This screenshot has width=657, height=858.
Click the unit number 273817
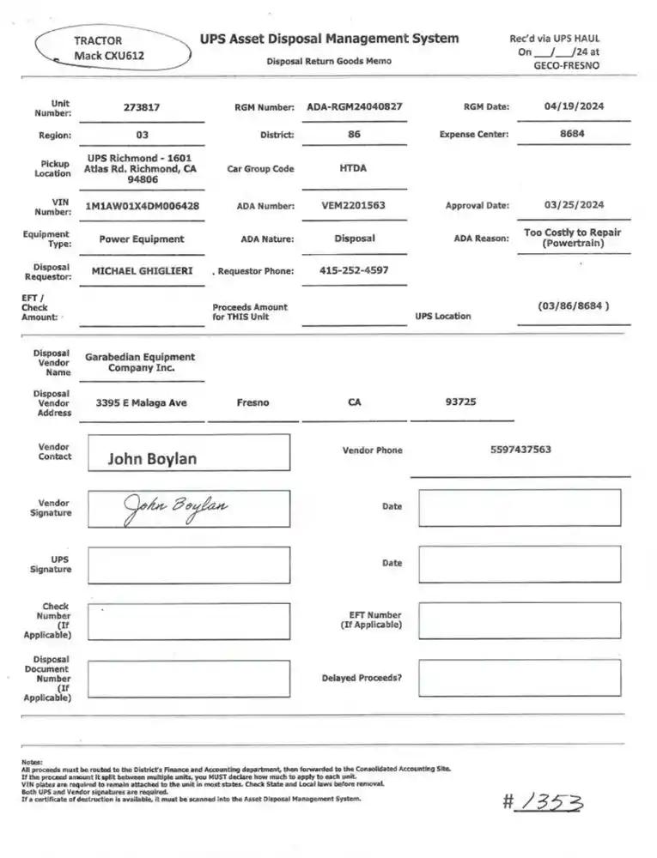click(141, 108)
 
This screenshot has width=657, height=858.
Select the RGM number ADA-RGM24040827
click(354, 107)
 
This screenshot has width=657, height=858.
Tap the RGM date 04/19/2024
click(574, 106)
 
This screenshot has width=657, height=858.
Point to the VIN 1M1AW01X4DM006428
click(143, 207)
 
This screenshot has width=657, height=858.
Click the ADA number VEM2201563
click(353, 206)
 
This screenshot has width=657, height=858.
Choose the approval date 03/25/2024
click(574, 205)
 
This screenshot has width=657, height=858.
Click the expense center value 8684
click(572, 134)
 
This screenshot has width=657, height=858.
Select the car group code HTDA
click(352, 168)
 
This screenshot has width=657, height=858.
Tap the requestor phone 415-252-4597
click(353, 270)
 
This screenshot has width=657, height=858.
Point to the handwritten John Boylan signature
click(176, 507)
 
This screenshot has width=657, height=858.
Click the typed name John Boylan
click(151, 459)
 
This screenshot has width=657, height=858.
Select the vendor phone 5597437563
click(520, 450)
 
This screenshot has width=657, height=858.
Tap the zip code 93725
click(461, 402)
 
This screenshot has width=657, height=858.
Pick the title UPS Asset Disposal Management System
click(329, 39)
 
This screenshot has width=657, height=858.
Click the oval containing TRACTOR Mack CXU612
click(113, 47)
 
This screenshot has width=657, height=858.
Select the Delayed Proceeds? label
click(361, 678)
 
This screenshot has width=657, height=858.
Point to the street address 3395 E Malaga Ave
click(141, 402)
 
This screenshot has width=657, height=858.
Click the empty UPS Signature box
click(189, 565)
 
